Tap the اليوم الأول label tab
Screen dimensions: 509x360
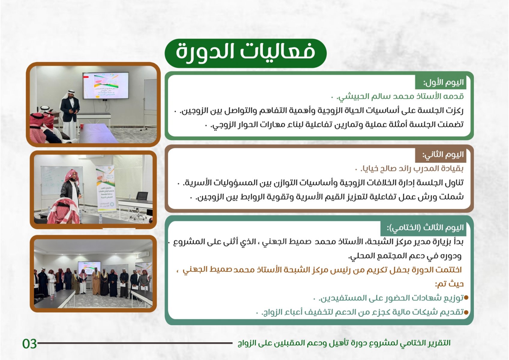(x=441, y=82)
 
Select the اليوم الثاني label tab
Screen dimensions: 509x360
(x=441, y=155)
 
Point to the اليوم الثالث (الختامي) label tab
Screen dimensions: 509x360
(x=423, y=228)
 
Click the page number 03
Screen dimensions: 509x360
(x=29, y=343)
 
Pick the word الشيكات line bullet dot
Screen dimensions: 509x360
(x=466, y=312)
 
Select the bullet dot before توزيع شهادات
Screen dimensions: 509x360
(x=466, y=298)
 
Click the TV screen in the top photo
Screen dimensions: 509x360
(x=105, y=85)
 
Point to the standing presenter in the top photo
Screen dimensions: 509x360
(x=70, y=114)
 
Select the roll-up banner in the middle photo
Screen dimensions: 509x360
(x=106, y=188)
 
